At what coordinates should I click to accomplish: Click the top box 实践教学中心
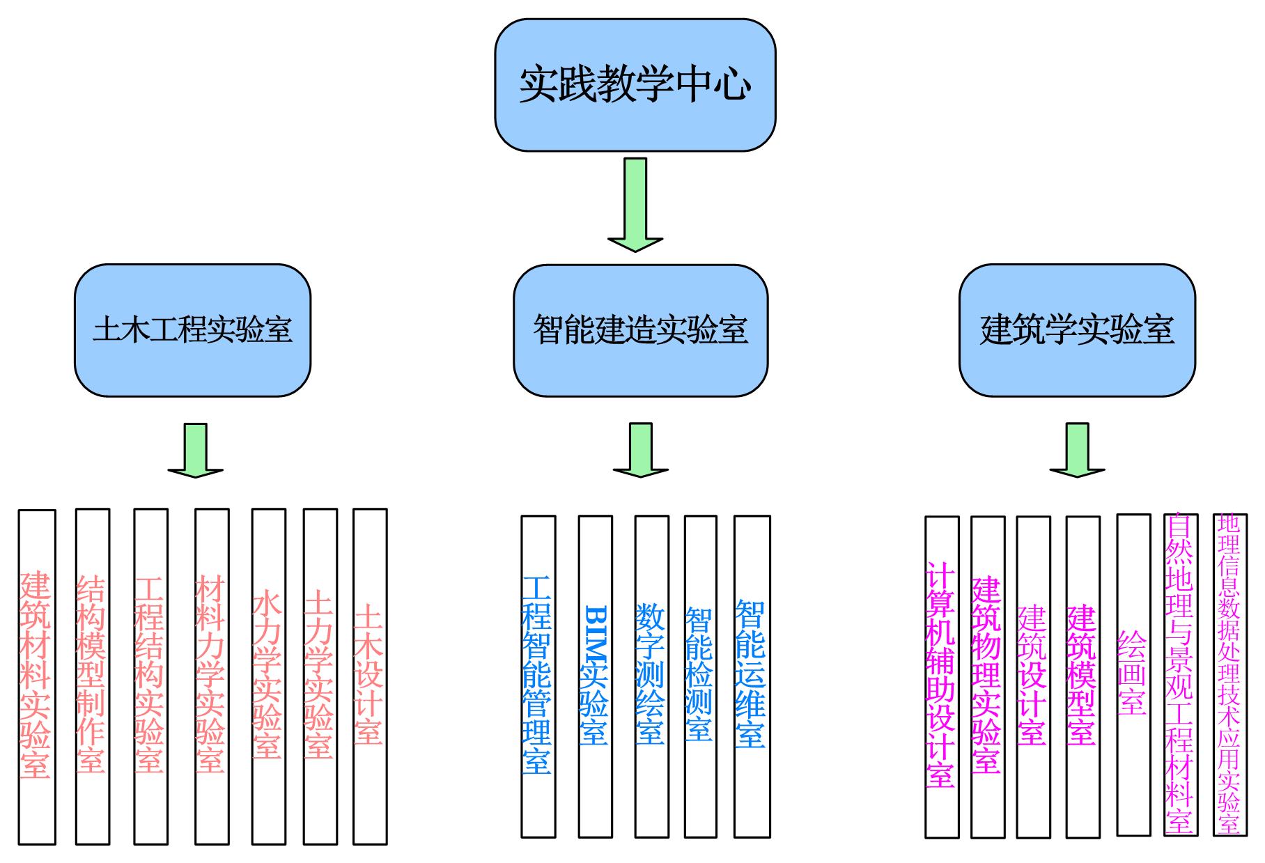635,85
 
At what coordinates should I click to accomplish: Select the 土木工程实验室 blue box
192,330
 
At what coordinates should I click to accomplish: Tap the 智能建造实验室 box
640,330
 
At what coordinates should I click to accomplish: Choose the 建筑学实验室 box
1077,330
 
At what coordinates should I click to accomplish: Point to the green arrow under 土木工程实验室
196,451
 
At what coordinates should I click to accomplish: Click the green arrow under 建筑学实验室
1077,451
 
